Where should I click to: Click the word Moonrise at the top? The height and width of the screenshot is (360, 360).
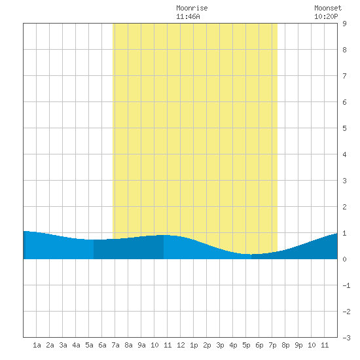[192, 8]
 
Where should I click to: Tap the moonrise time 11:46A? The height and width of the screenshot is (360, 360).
[188, 16]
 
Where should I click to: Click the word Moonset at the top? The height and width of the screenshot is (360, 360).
[328, 8]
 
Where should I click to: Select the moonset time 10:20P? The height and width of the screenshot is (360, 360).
[326, 16]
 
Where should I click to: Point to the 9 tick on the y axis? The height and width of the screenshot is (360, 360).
[344, 24]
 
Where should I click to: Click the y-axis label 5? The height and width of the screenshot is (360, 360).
[344, 128]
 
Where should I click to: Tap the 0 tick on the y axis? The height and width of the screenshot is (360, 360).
[344, 259]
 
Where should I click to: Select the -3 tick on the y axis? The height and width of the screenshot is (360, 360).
[346, 338]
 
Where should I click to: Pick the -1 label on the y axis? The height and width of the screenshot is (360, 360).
[346, 285]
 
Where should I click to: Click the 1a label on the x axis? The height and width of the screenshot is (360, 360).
[37, 345]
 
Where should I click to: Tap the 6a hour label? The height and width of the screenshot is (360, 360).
[102, 345]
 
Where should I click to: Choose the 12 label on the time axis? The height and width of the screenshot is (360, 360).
[181, 345]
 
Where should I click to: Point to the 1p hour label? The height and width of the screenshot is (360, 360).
[194, 345]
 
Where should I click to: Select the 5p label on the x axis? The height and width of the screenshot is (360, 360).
[246, 345]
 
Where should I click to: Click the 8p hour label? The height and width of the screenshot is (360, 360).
[285, 345]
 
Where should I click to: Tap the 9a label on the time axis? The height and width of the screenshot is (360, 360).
[141, 345]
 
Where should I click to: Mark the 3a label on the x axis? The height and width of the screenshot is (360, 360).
[63, 345]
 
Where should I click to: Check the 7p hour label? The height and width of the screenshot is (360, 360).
[272, 345]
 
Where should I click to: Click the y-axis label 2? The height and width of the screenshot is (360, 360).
[344, 207]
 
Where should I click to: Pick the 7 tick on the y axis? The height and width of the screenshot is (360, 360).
[344, 76]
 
